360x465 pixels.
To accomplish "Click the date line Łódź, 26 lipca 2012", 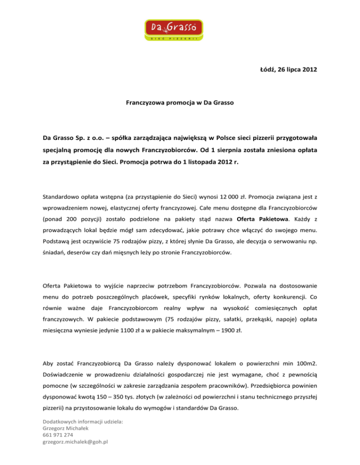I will [x=285, y=71].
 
